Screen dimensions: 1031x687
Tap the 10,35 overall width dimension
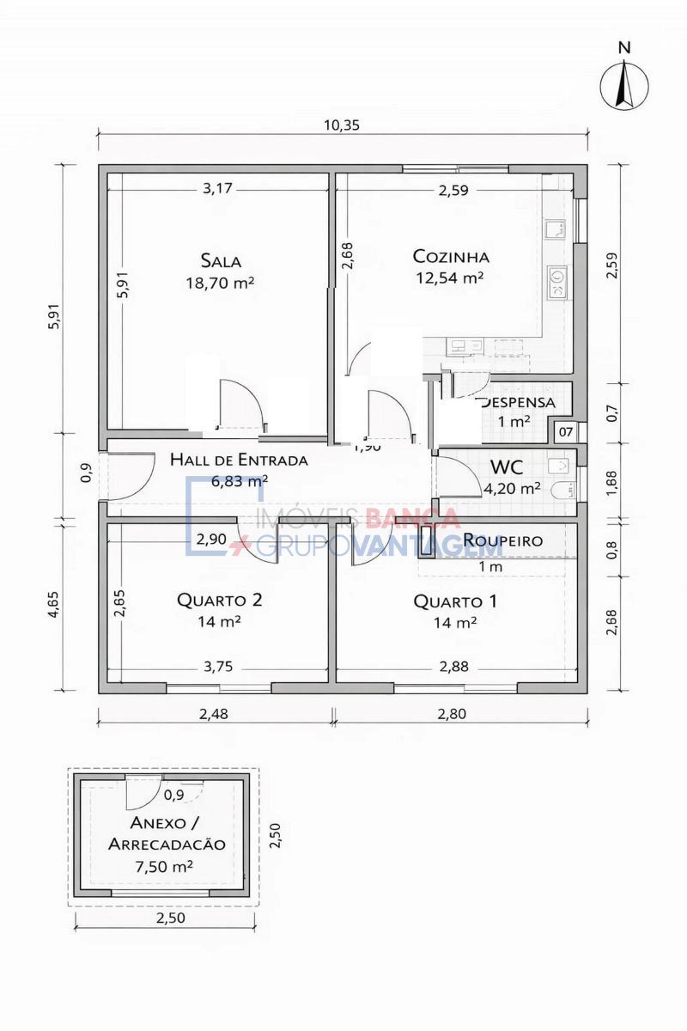click(341, 124)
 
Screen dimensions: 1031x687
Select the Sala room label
click(221, 260)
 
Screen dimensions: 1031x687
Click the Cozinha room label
click(451, 256)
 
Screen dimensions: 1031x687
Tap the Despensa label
click(518, 402)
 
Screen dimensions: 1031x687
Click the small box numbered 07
click(566, 431)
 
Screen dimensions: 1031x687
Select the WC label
click(507, 467)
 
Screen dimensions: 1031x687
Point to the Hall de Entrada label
click(238, 460)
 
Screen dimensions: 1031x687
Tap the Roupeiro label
click(502, 540)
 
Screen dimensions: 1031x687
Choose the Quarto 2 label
click(219, 600)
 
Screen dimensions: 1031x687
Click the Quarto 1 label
click(455, 601)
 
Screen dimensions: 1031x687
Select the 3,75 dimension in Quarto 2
click(219, 666)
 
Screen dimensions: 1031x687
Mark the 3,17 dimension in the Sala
click(218, 189)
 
